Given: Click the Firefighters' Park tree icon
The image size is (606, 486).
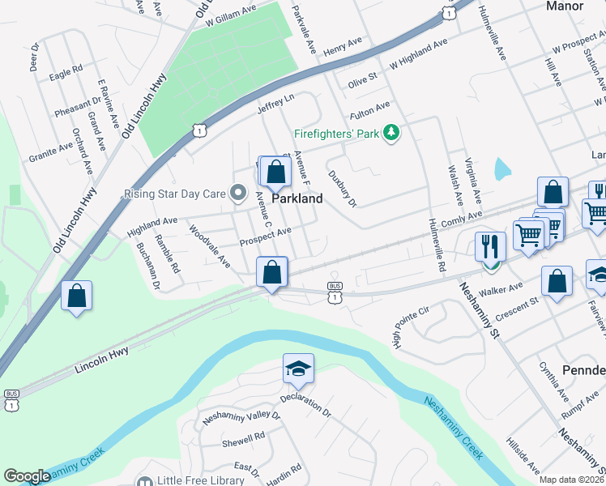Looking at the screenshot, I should [392, 131].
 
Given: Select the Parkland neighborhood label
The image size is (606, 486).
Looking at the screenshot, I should [297, 198].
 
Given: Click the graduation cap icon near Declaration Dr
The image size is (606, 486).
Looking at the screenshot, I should [298, 369].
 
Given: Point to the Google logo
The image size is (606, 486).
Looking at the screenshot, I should [27, 476].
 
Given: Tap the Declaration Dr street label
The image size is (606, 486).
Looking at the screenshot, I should [305, 405].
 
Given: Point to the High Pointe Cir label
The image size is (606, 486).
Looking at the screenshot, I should [410, 322].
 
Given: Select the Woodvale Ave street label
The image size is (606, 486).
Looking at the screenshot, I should [210, 246].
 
